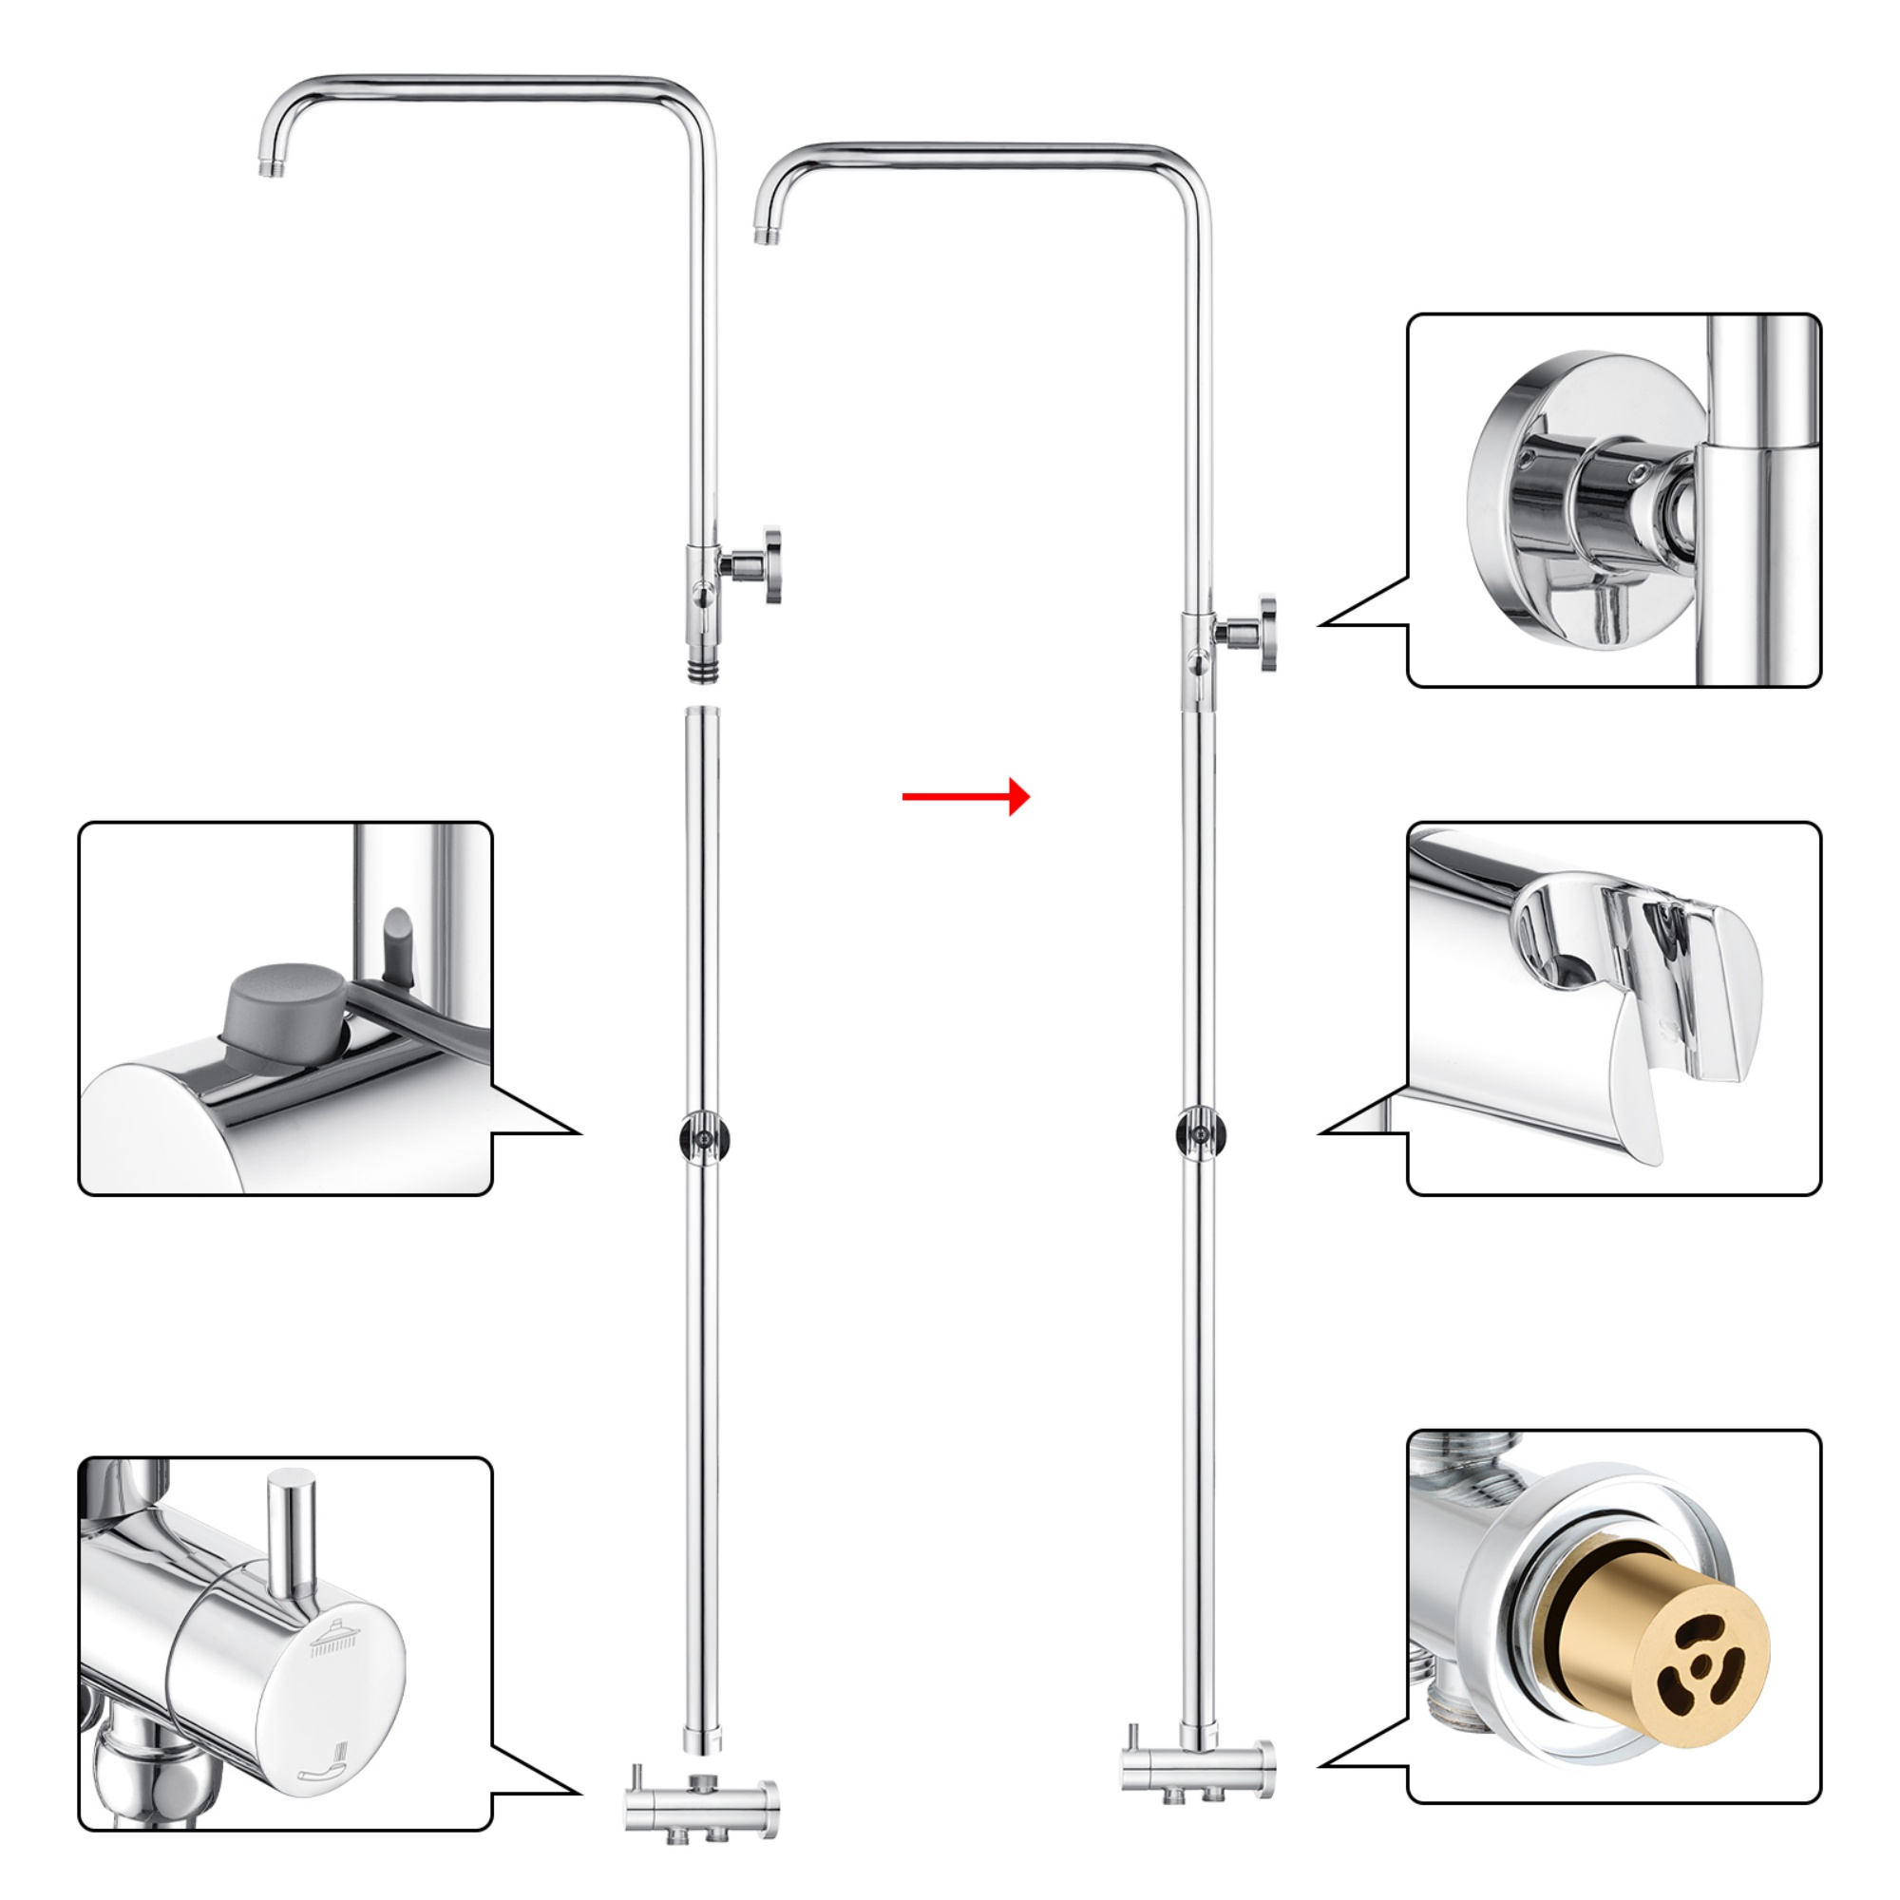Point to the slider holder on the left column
click(x=703, y=1137)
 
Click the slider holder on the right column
click(x=1199, y=1137)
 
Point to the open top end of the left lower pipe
click(x=702, y=713)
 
